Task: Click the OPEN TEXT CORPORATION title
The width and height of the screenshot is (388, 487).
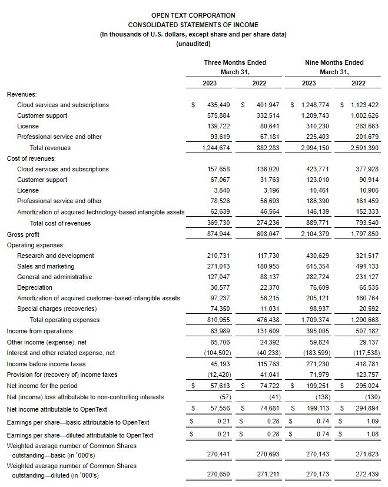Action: tap(193, 15)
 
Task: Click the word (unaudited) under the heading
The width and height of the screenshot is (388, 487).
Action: tap(193, 44)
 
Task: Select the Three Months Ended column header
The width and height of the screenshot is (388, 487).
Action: tap(235, 62)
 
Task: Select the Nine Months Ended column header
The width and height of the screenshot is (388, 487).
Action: tap(334, 62)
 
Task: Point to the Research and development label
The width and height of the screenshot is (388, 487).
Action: tap(55, 256)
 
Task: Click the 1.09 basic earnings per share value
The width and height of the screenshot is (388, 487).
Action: tap(372, 422)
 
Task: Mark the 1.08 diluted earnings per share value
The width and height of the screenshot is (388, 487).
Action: tap(372, 435)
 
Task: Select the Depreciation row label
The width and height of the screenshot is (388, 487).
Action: tap(35, 287)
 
